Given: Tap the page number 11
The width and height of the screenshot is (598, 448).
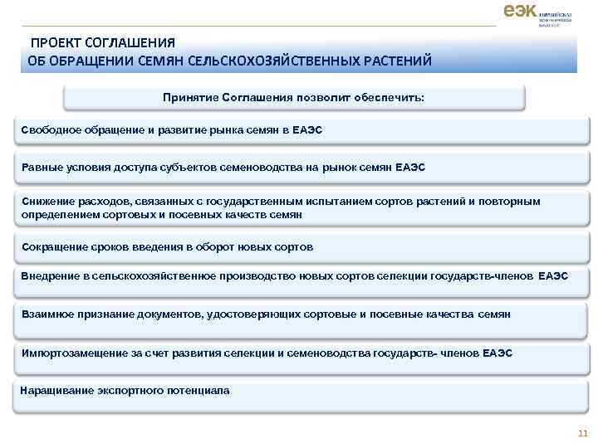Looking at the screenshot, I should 581,432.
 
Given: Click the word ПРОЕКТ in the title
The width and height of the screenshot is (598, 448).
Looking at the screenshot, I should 56,42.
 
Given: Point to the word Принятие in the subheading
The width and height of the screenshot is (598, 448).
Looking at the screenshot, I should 190,98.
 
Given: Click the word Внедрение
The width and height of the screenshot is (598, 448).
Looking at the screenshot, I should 51,275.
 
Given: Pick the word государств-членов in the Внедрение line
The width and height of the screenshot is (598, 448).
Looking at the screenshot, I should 483,275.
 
